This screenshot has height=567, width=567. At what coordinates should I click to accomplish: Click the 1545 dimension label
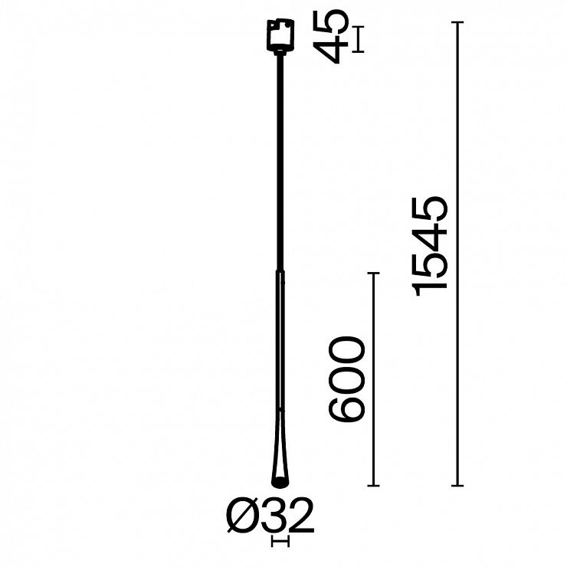click(430, 246)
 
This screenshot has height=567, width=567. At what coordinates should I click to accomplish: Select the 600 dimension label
click(346, 379)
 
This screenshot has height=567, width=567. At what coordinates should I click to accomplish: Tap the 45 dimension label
click(330, 36)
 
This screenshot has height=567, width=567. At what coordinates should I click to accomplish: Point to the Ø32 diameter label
click(270, 516)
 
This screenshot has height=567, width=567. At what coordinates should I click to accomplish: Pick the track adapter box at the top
click(280, 34)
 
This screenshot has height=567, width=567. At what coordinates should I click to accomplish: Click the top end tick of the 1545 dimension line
click(457, 22)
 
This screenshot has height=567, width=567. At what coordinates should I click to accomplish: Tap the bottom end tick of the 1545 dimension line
click(457, 486)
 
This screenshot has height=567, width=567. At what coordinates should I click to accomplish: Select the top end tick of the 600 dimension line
click(373, 273)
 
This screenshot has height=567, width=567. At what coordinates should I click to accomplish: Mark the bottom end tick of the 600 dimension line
click(373, 486)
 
